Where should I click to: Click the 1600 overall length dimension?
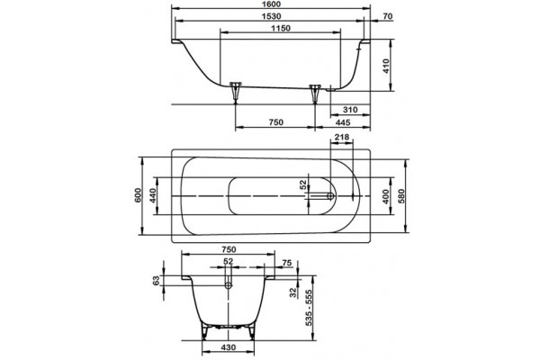(x=271, y=4)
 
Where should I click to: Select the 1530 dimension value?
(x=271, y=16)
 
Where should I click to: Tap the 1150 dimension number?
(x=281, y=28)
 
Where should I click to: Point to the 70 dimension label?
(x=387, y=16)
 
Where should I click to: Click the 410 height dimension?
(x=386, y=66)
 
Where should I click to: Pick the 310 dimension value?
(x=350, y=110)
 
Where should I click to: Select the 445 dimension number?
(x=343, y=122)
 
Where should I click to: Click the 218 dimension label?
(x=342, y=137)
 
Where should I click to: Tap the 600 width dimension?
(x=138, y=195)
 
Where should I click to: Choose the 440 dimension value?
(x=153, y=195)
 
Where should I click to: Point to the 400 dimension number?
(x=386, y=196)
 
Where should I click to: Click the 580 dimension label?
(x=401, y=196)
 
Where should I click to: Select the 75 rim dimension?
(x=287, y=263)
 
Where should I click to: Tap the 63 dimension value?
(x=157, y=281)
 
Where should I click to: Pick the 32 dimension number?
(x=293, y=292)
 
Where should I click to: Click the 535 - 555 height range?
(x=309, y=308)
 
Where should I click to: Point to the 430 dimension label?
(x=228, y=347)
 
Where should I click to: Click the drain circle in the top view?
(x=330, y=196)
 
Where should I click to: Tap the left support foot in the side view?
(x=236, y=92)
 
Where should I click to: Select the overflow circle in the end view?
(x=229, y=285)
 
